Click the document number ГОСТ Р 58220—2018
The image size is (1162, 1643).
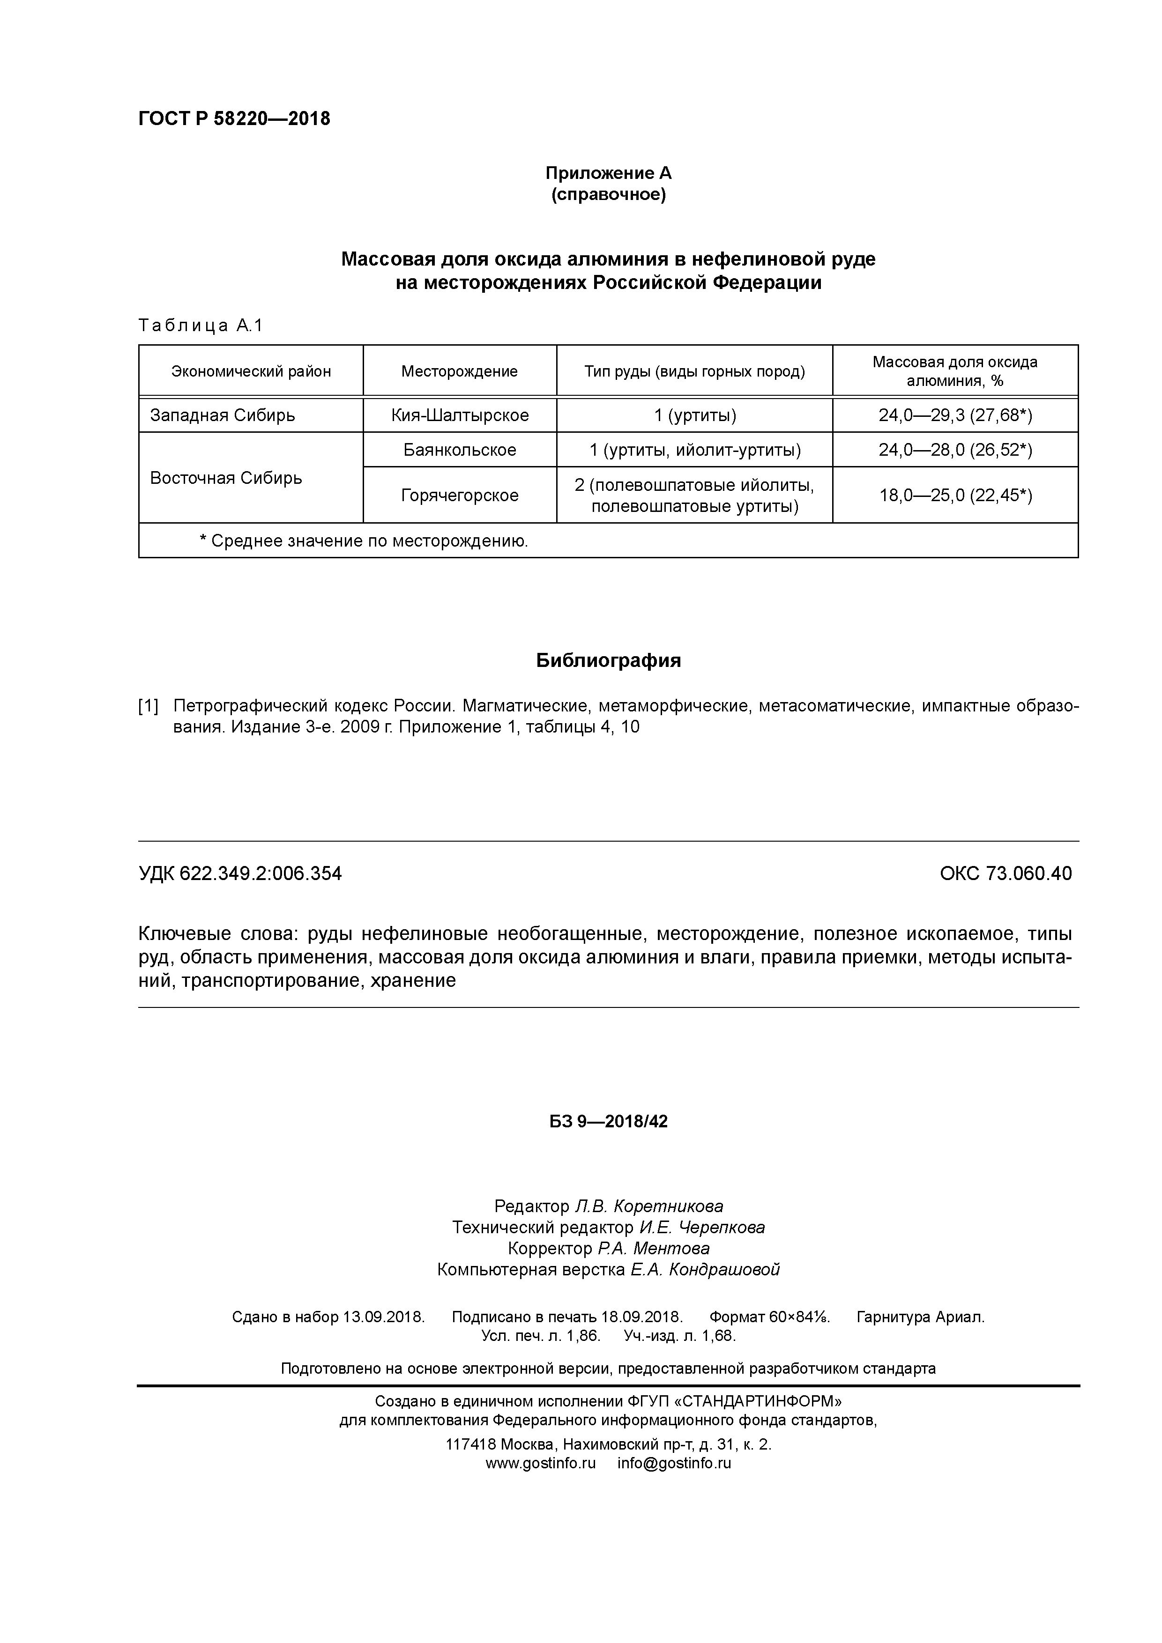point(234,119)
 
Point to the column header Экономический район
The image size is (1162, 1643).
point(251,371)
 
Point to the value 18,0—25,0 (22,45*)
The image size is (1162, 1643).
point(955,495)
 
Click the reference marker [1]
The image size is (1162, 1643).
point(148,706)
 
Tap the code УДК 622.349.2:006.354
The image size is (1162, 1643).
point(240,874)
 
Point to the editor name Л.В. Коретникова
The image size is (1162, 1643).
point(648,1206)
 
